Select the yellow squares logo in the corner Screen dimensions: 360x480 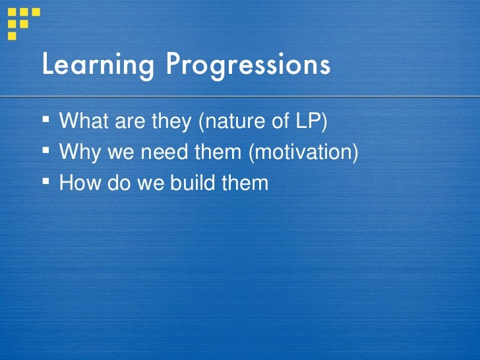pos(22,20)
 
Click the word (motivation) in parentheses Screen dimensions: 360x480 pos(304,152)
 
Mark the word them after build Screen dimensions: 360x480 pos(245,182)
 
